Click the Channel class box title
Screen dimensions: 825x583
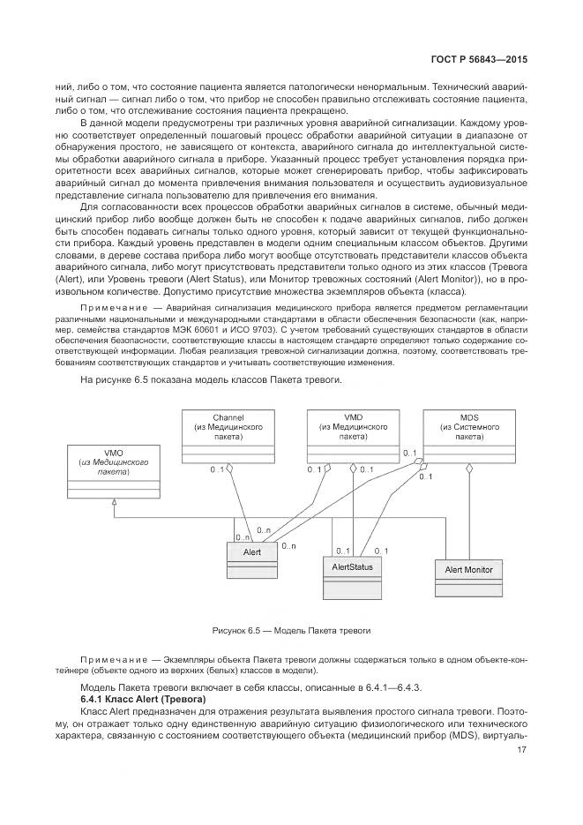[228, 416]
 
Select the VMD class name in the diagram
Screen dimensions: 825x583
[352, 416]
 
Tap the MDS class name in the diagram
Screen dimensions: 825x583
[469, 416]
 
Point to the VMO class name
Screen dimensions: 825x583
[113, 454]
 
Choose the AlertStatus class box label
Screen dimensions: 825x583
[353, 566]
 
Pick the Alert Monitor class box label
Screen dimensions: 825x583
[468, 570]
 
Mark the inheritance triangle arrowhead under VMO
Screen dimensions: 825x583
[113, 501]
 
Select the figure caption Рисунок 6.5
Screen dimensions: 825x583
[291, 631]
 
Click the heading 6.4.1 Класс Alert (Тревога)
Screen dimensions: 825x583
[137, 698]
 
